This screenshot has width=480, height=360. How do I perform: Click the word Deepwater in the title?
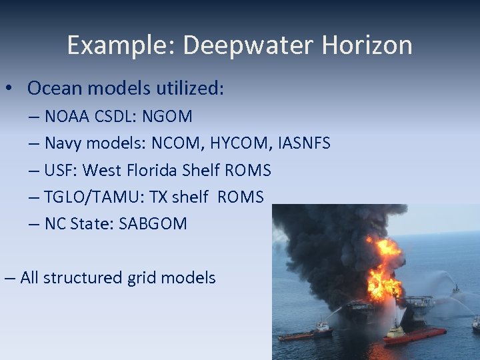(x=247, y=45)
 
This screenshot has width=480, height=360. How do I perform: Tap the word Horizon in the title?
(x=367, y=45)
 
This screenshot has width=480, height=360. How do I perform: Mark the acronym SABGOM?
(x=153, y=224)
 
